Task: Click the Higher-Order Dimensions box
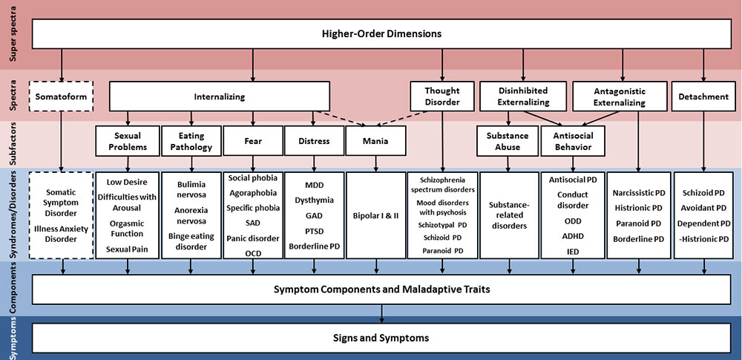click(381, 33)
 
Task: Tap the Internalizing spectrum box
click(219, 96)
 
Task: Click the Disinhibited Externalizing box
click(524, 96)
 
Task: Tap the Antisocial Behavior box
click(572, 141)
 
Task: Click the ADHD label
click(572, 236)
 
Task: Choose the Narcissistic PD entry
click(639, 192)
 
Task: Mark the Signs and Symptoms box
click(381, 338)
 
